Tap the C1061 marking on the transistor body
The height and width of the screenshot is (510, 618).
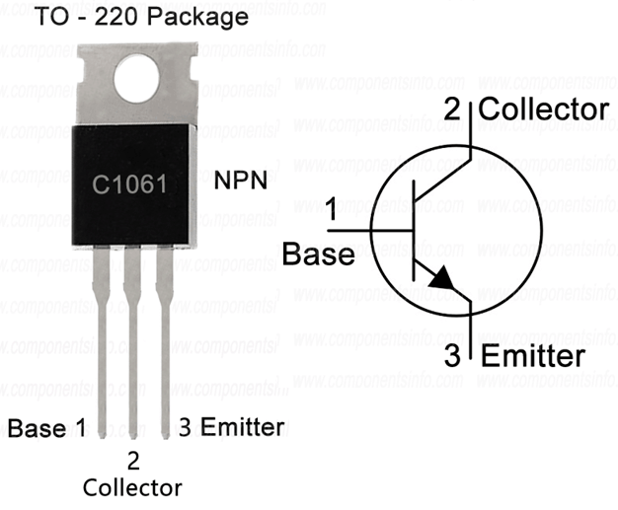(x=128, y=184)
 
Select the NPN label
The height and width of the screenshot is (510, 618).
(x=241, y=183)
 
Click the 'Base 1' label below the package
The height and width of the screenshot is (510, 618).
(x=46, y=428)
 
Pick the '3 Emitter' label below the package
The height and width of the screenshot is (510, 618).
(x=231, y=428)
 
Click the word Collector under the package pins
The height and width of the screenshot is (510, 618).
(x=132, y=487)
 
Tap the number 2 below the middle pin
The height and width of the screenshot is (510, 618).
(x=132, y=459)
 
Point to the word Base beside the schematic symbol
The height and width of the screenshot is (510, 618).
(x=318, y=255)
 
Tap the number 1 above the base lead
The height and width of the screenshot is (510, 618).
(x=333, y=210)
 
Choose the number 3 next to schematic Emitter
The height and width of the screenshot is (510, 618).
(x=453, y=356)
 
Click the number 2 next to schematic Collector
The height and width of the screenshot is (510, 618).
(x=451, y=109)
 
